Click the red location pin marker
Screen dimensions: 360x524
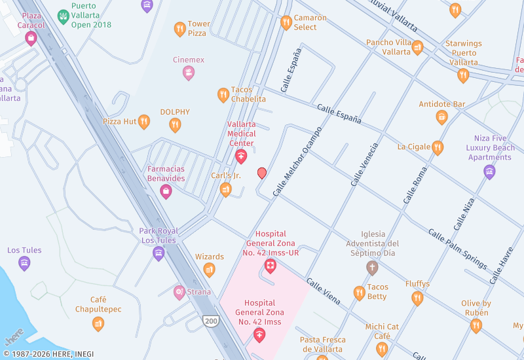[x=262, y=173]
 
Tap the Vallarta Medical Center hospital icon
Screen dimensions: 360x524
[x=240, y=156]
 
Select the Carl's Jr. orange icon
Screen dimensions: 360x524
[x=225, y=190]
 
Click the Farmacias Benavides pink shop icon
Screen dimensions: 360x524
[x=166, y=191]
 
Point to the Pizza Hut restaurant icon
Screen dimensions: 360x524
[x=144, y=122]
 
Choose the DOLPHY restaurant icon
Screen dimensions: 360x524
[x=175, y=124]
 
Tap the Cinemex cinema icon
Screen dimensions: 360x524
[x=189, y=73]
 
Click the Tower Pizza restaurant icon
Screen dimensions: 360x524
[x=179, y=29]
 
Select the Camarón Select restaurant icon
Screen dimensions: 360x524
[x=286, y=23]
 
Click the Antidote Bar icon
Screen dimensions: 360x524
[x=442, y=117]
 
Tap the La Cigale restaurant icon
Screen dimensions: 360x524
[x=438, y=147]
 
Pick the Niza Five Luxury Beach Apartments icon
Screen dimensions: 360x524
[x=489, y=171]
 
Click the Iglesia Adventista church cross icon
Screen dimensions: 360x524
[x=372, y=267]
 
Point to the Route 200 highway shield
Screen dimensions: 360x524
[x=211, y=321]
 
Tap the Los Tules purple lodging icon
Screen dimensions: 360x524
[x=24, y=263]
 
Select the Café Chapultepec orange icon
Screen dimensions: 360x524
[x=98, y=323]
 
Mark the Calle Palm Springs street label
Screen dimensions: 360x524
[x=457, y=249]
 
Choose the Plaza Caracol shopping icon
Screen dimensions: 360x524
[x=31, y=38]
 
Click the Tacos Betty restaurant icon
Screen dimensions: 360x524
[x=359, y=293]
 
